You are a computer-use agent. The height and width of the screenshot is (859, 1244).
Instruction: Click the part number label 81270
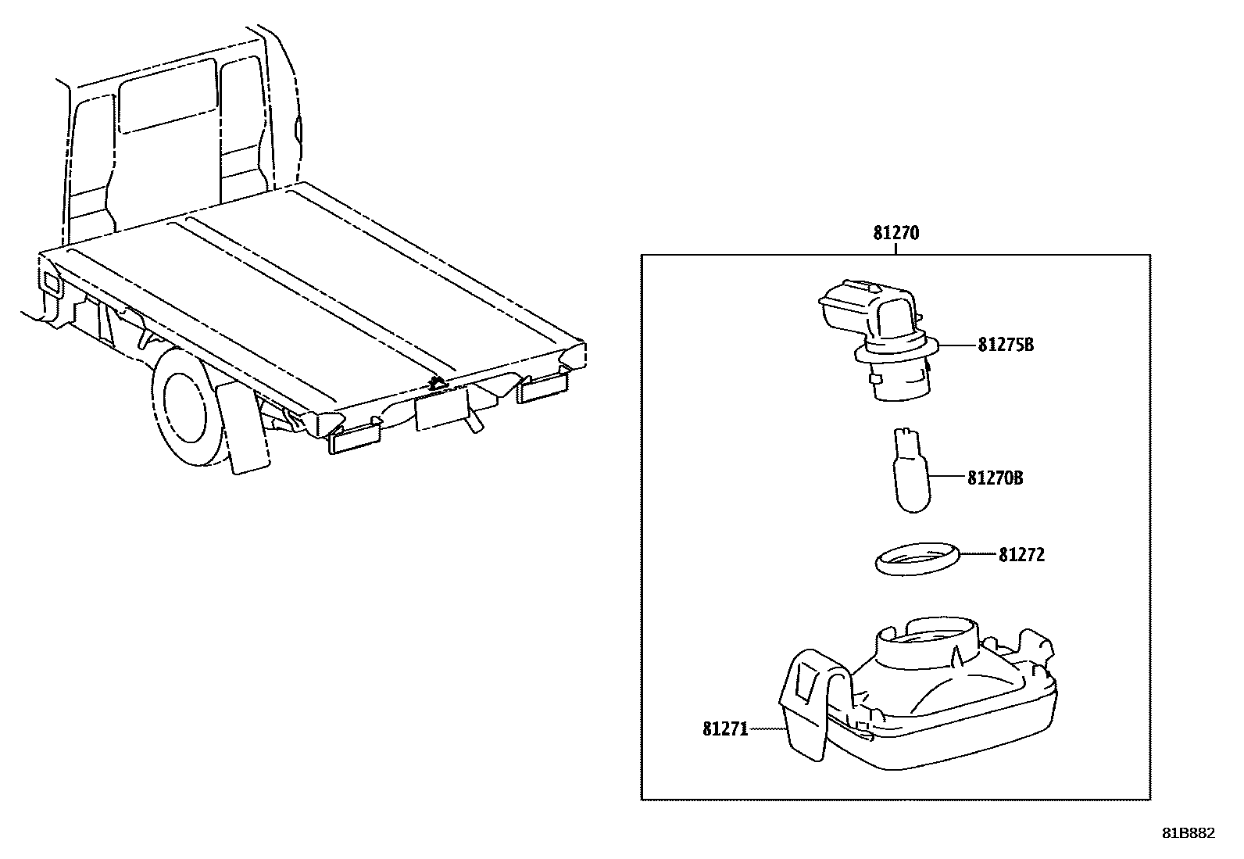[895, 233]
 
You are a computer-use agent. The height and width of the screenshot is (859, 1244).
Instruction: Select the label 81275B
[1005, 345]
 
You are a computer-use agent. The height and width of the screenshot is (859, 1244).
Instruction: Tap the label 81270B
[995, 478]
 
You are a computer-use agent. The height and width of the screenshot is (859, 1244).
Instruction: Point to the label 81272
[1021, 555]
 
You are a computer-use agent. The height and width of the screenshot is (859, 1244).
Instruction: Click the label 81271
[725, 729]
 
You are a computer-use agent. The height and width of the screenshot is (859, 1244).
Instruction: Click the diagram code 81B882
[1188, 833]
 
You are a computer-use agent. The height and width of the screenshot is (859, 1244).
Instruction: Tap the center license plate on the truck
[441, 409]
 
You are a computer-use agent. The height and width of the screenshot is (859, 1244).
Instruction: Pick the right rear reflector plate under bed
[544, 387]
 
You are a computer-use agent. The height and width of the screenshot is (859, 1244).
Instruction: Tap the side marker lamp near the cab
[50, 283]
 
